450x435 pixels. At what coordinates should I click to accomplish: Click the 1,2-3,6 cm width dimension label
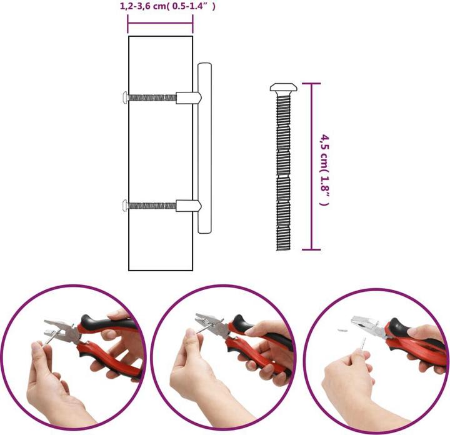tap(167, 6)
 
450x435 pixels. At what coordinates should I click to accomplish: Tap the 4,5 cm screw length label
tap(324, 170)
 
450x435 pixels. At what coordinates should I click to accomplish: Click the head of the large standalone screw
tap(284, 87)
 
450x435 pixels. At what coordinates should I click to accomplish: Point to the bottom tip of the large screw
tap(284, 250)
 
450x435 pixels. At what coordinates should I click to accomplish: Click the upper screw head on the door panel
tap(125, 97)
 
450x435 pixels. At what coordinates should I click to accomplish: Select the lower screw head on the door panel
tap(125, 206)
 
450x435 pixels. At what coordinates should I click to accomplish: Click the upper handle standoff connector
tap(189, 98)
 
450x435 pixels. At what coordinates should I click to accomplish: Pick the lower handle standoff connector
tap(189, 206)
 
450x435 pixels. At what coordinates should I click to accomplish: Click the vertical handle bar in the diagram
tap(204, 147)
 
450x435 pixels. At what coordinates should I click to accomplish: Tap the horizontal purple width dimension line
tap(160, 24)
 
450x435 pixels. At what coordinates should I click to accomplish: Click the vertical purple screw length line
tap(311, 167)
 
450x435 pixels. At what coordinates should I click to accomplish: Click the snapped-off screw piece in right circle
tap(342, 330)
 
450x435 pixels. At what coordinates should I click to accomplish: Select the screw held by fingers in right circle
tap(363, 344)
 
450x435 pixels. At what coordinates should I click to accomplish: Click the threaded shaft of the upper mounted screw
tap(152, 98)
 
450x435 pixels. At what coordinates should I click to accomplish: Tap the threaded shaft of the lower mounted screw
tap(152, 206)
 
